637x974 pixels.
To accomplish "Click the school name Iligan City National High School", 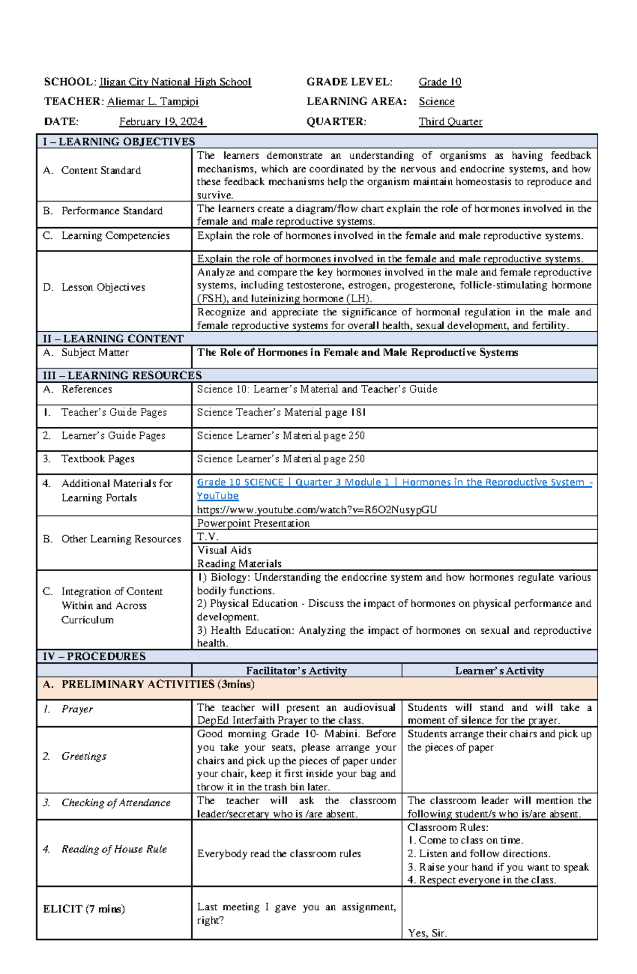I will tap(175, 82).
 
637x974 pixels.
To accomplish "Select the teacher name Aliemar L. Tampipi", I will tap(153, 101).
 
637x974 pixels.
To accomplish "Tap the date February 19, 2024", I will tap(162, 122).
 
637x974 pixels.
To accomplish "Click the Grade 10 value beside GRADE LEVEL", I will tap(440, 82).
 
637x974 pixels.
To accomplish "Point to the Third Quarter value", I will tap(450, 122).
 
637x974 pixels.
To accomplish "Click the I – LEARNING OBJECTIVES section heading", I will tap(119, 142).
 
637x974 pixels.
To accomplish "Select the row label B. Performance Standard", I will tap(103, 211).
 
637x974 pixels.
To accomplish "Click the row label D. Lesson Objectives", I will tap(94, 287).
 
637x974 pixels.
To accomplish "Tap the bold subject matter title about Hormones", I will tap(357, 352).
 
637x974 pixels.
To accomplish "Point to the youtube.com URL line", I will tap(317, 510).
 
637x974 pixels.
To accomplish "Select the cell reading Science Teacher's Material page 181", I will tap(281, 412).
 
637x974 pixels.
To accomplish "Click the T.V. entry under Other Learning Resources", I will tap(208, 537).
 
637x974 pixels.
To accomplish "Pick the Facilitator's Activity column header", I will tap(296, 670).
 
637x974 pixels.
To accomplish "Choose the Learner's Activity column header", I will tap(499, 670).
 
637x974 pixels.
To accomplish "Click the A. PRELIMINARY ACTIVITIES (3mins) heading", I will tap(149, 684).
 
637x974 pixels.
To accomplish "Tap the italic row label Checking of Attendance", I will tap(116, 803).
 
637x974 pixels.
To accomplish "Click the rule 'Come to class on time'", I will tap(466, 840).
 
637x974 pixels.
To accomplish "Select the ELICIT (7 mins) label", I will tap(84, 909).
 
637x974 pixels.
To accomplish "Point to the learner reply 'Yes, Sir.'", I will tap(427, 933).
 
